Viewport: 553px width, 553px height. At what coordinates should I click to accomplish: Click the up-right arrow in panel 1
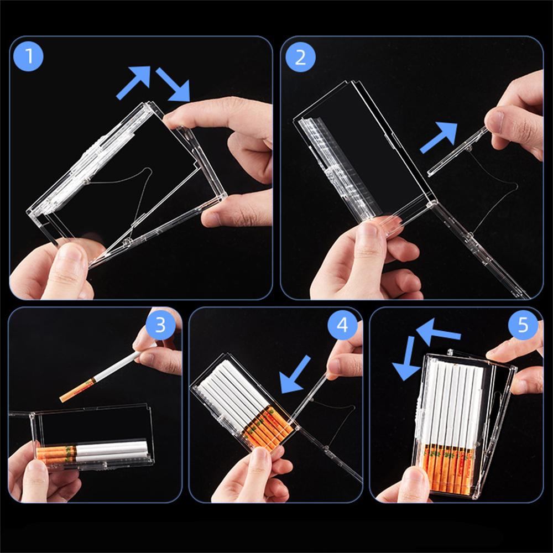[x=134, y=81]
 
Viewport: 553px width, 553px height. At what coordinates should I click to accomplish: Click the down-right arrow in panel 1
[x=173, y=84]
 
